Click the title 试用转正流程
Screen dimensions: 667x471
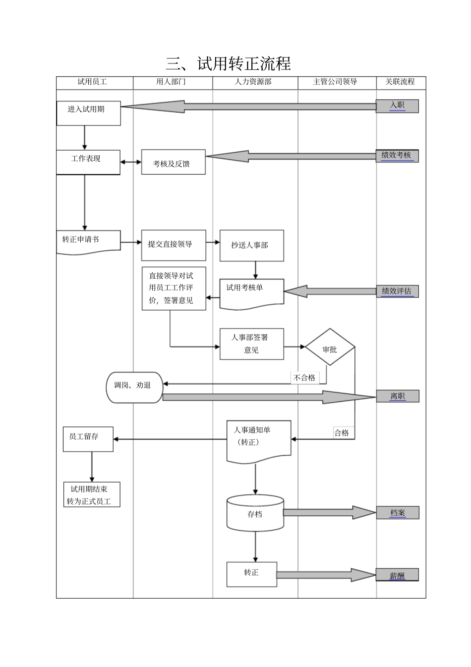[x=229, y=64]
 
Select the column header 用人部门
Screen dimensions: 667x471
[x=171, y=82]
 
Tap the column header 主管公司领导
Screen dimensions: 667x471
[x=335, y=82]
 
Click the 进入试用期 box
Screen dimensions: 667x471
[x=88, y=113]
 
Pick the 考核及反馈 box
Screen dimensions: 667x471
[x=173, y=163]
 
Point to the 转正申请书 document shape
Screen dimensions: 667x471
[x=88, y=242]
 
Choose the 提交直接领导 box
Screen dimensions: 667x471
[x=174, y=245]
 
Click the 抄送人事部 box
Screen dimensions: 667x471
[x=252, y=245]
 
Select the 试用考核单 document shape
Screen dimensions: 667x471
[x=252, y=293]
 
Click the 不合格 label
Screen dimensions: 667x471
[x=304, y=378]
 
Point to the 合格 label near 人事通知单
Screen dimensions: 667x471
[x=342, y=433]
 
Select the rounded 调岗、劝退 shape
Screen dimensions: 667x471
[x=134, y=387]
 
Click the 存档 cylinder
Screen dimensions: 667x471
[x=255, y=513]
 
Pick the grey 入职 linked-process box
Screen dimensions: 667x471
[x=397, y=106]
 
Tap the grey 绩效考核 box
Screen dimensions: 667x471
[x=397, y=156]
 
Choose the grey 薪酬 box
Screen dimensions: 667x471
[x=397, y=575]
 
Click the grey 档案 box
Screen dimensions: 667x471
[x=398, y=513]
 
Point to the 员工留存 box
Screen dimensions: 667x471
[x=88, y=439]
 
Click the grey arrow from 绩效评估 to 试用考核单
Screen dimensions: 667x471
[x=330, y=292]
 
